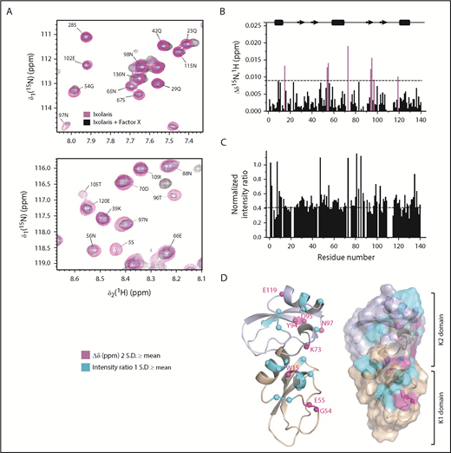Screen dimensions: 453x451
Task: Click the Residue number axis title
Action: (x=343, y=259)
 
